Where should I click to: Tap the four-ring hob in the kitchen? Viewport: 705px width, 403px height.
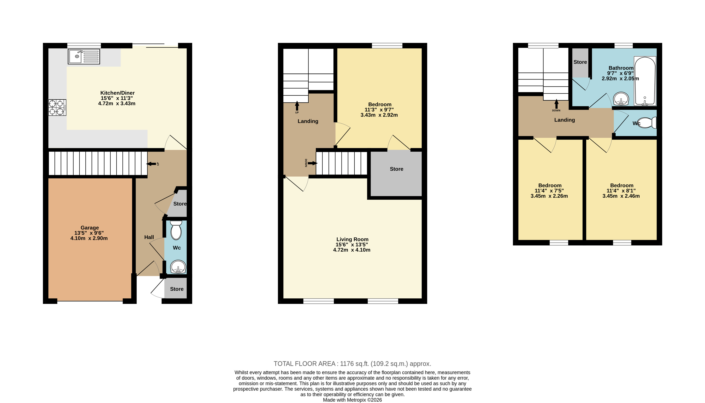click(57, 107)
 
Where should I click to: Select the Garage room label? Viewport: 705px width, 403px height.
click(89, 228)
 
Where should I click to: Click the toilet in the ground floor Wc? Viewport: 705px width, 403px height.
click(176, 230)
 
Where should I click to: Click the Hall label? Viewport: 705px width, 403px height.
click(149, 237)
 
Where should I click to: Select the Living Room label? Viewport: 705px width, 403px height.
click(352, 239)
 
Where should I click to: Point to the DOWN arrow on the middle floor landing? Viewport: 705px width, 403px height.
click(312, 163)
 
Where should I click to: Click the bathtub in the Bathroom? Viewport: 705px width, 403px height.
click(645, 81)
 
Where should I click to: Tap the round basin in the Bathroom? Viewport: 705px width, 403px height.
click(621, 99)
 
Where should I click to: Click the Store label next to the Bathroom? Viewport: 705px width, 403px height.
click(580, 62)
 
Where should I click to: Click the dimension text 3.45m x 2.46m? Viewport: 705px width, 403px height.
click(621, 196)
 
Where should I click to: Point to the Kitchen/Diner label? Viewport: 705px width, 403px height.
click(117, 93)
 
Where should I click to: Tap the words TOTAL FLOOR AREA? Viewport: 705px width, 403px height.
click(304, 364)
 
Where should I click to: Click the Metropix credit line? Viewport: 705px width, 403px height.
click(352, 400)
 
